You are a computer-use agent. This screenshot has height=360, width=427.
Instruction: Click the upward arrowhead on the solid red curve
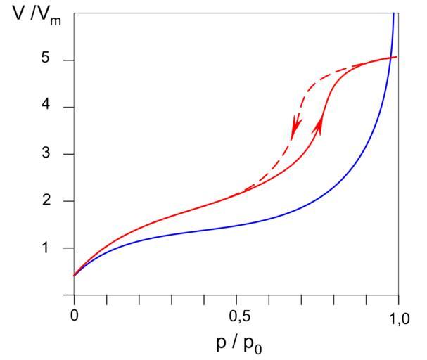[x=321, y=124]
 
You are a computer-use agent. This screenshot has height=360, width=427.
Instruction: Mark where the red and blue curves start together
[x=74, y=276]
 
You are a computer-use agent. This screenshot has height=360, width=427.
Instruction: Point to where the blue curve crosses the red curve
[x=386, y=58]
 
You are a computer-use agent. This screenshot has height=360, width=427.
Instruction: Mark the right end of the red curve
[x=397, y=57]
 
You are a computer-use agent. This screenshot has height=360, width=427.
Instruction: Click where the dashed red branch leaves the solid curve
[x=239, y=192]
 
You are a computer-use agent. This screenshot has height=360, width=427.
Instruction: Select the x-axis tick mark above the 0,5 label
[x=236, y=300]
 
